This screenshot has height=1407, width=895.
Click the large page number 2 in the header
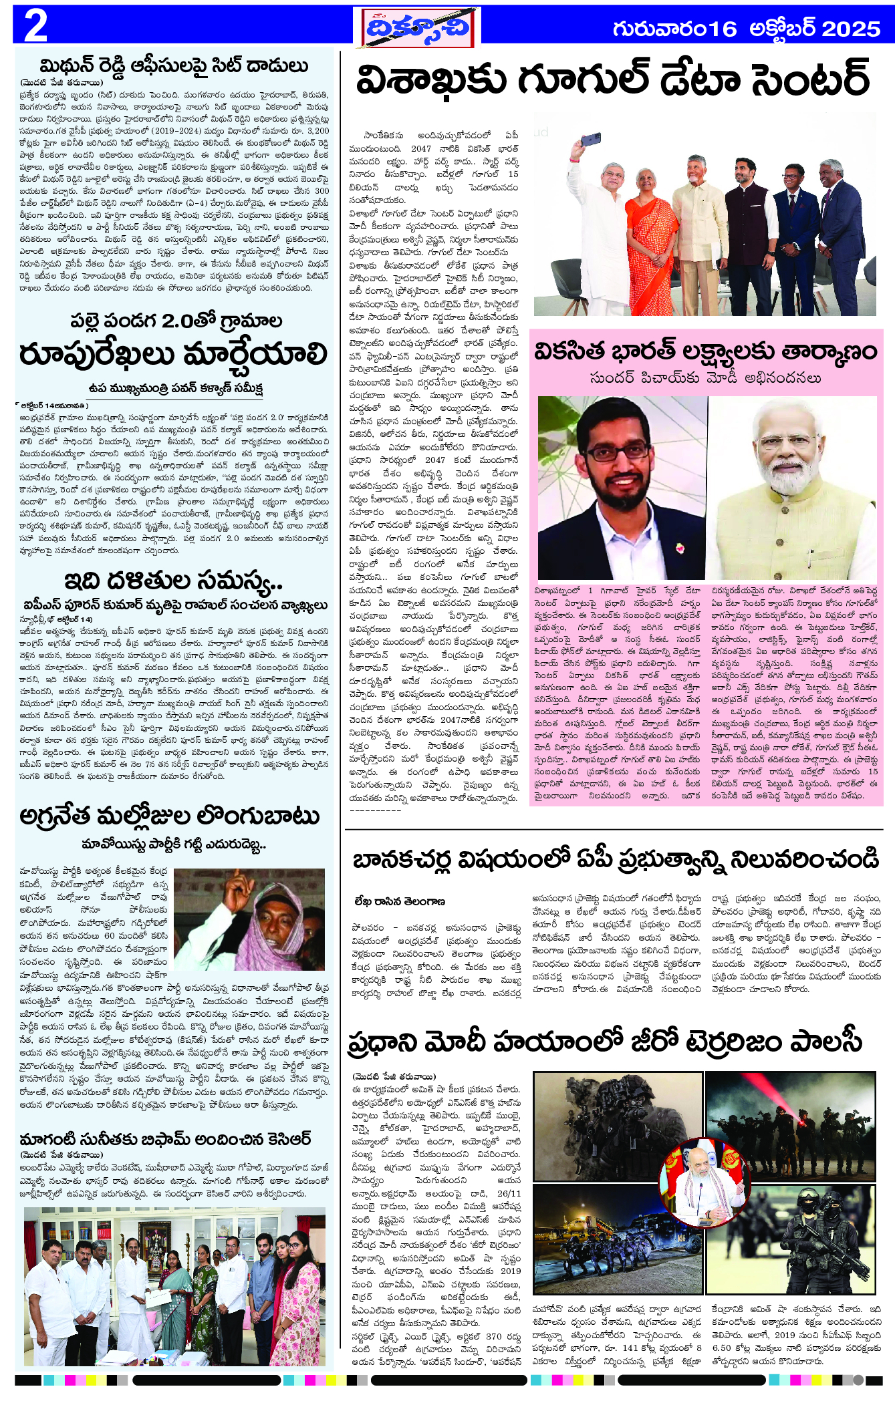(x=35, y=26)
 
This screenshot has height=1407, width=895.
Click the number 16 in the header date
(x=722, y=29)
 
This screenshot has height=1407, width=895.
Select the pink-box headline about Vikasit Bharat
(x=705, y=351)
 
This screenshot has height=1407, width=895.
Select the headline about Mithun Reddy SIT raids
(x=174, y=66)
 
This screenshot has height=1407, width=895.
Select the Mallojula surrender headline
(x=170, y=816)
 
